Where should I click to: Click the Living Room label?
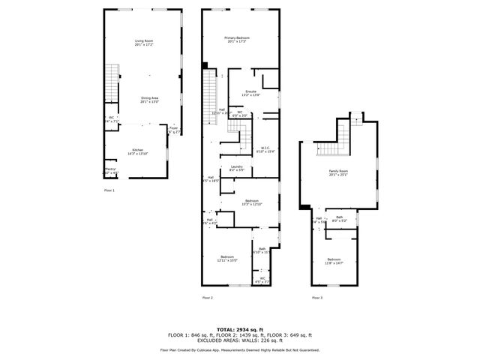click(x=143, y=43)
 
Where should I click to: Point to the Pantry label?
click(x=110, y=171)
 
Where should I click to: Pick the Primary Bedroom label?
click(x=239, y=39)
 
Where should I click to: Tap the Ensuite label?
click(x=250, y=93)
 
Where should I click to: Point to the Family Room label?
click(x=338, y=172)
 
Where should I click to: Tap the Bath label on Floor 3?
click(x=339, y=219)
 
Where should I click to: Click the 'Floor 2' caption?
click(x=208, y=298)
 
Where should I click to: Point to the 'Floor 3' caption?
click(x=317, y=298)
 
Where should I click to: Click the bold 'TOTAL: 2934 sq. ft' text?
click(x=239, y=328)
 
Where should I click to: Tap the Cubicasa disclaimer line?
click(x=239, y=349)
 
